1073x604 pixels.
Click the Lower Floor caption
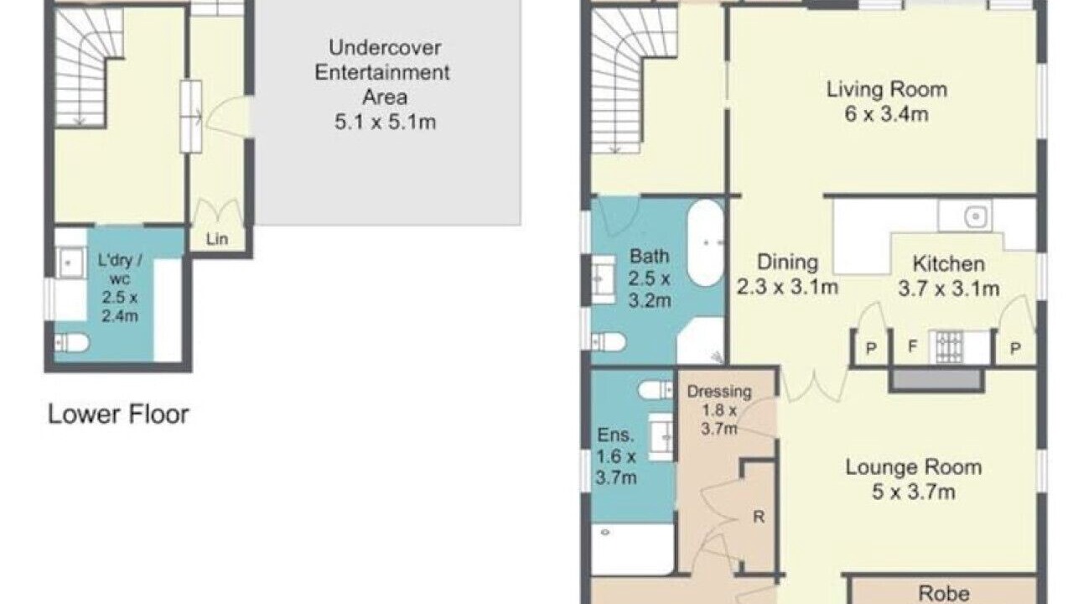pos(118,414)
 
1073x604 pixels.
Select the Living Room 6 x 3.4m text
pos(887,102)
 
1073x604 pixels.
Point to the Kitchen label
pos(948,263)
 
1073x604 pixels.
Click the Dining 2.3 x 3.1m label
pos(787,274)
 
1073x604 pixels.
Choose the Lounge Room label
pos(914,467)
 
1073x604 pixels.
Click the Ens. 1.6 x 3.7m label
pos(616,456)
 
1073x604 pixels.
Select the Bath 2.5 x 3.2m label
pos(649,278)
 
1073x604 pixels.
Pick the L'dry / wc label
pos(119,269)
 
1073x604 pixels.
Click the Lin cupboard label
pos(217,239)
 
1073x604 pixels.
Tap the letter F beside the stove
pos(913,346)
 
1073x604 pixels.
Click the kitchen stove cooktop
pos(946,347)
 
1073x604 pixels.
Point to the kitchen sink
pos(965,216)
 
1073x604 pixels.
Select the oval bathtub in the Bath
pos(706,243)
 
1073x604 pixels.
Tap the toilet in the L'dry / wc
pos(71,343)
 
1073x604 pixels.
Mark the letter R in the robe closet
pos(759,517)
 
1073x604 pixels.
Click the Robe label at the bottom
pos(944,593)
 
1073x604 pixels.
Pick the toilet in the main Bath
pos(609,342)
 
